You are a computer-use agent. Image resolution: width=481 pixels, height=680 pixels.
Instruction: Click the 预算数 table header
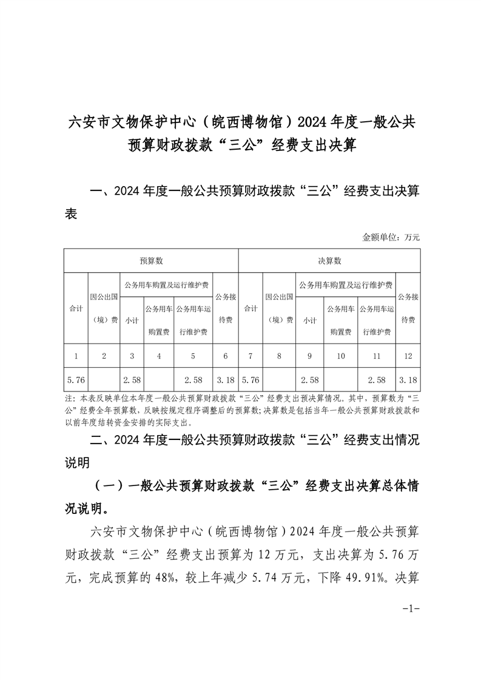[151, 261]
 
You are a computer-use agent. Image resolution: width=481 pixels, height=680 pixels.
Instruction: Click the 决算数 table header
[329, 261]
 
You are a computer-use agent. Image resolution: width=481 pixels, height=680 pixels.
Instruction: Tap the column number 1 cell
[76, 356]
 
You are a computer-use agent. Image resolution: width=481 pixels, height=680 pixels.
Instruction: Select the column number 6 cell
[225, 356]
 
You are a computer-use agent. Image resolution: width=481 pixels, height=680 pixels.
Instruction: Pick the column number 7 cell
[251, 356]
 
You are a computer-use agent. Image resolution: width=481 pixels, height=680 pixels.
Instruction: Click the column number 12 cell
[408, 356]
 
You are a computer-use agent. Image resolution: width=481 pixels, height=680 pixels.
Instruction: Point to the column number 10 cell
[340, 356]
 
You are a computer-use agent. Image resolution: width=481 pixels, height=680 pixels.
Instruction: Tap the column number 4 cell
[159, 356]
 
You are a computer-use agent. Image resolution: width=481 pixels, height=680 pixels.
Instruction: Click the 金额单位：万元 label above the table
[391, 237]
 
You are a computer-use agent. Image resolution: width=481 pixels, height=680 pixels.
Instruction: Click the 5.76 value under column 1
[76, 380]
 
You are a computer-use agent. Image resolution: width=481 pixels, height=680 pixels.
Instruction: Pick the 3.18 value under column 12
[408, 380]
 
